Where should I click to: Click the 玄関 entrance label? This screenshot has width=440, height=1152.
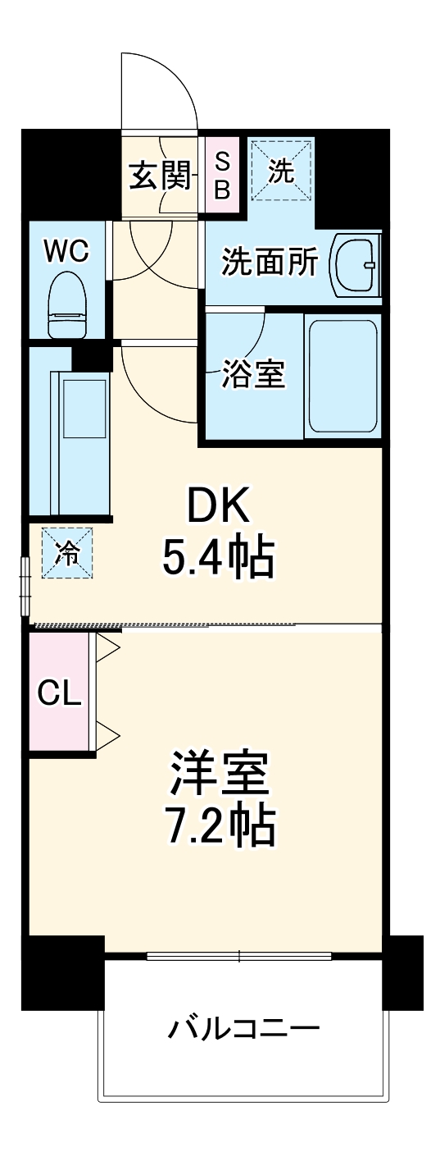(160, 175)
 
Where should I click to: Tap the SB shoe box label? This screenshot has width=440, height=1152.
(222, 175)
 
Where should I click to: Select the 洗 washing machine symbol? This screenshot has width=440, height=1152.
(281, 171)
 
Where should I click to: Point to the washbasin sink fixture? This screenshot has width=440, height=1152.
(356, 264)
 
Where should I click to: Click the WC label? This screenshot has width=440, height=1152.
(66, 251)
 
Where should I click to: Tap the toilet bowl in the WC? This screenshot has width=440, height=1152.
(67, 306)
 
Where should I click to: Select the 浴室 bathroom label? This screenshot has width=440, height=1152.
(253, 376)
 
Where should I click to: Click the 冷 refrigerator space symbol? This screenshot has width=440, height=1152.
(67, 554)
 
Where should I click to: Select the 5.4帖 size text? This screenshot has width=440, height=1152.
(217, 559)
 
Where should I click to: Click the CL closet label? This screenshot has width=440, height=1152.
(59, 694)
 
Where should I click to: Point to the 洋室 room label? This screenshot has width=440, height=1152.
(220, 773)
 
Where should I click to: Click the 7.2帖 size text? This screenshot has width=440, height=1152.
(220, 825)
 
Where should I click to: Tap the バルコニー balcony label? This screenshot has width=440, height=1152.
(243, 1027)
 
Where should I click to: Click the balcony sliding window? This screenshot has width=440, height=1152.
(239, 956)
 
